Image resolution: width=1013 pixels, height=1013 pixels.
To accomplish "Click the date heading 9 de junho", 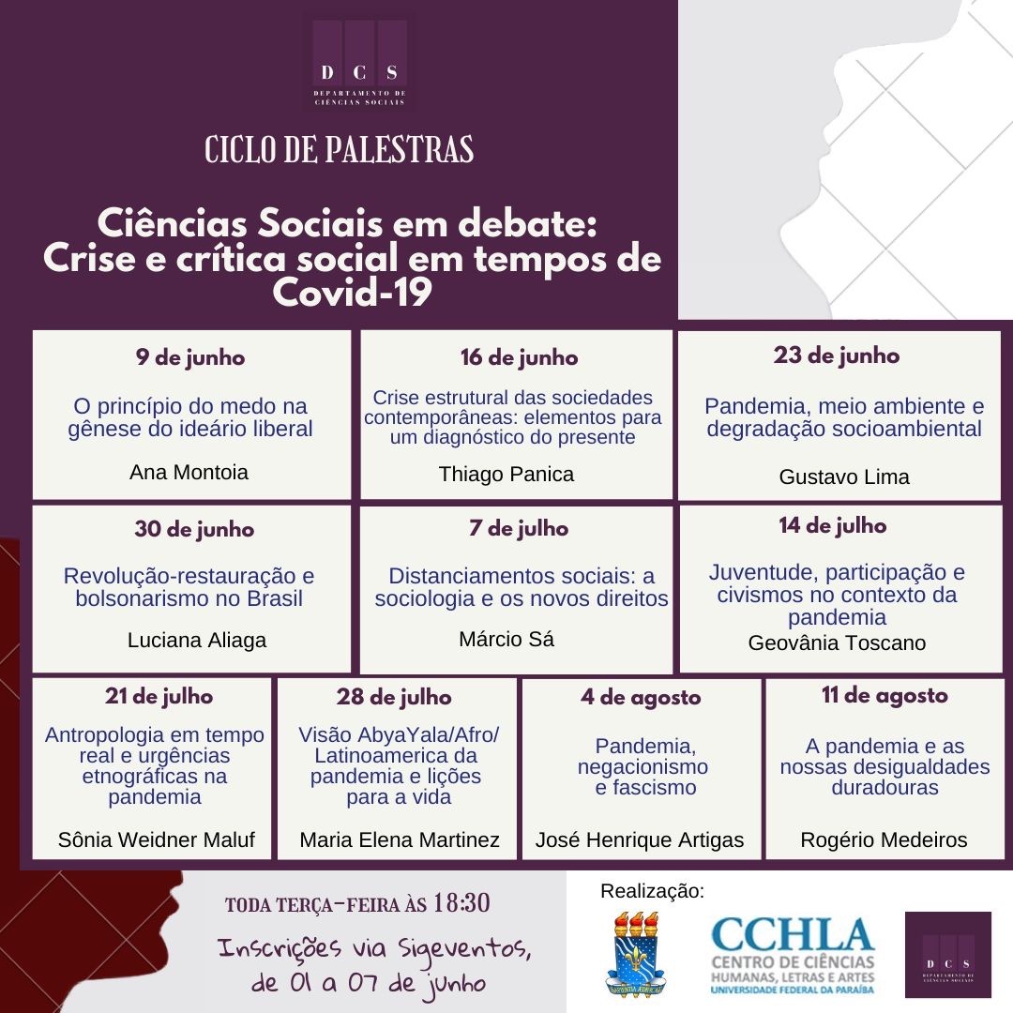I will pyautogui.click(x=189, y=357).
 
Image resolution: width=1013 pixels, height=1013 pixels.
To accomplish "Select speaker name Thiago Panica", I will pyautogui.click(x=506, y=474).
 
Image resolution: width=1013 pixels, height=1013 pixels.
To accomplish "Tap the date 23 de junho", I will pyautogui.click(x=837, y=355).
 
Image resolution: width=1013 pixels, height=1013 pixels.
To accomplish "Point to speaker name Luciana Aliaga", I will pyautogui.click(x=197, y=641).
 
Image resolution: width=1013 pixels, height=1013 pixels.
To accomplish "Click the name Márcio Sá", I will pyautogui.click(x=506, y=640).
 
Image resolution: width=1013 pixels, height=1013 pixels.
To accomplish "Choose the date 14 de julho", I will pyautogui.click(x=833, y=526).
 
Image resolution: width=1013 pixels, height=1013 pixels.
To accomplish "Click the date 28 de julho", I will pyautogui.click(x=394, y=697).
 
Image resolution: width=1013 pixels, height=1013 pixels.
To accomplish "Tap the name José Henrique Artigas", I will pyautogui.click(x=640, y=839).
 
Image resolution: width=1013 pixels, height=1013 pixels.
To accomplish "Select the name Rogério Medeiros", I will pyautogui.click(x=884, y=839).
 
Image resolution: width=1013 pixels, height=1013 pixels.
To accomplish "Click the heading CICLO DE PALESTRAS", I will pyautogui.click(x=339, y=149).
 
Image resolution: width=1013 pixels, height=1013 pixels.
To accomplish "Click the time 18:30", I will pyautogui.click(x=462, y=903).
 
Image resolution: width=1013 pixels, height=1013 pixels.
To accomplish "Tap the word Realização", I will pyautogui.click(x=651, y=891).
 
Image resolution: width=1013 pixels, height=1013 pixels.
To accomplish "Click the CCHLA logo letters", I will pyautogui.click(x=793, y=935).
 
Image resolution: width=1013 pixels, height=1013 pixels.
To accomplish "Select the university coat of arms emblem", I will pyautogui.click(x=637, y=953).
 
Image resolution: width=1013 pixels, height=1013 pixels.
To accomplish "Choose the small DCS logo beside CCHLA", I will pyautogui.click(x=947, y=955).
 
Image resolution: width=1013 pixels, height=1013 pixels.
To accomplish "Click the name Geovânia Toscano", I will pyautogui.click(x=837, y=643).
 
